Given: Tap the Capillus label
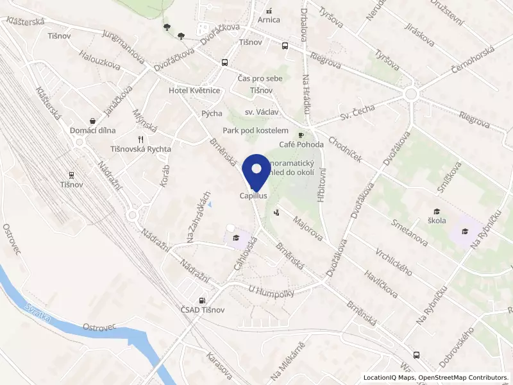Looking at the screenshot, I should [253, 195].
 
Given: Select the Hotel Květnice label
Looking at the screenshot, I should [194, 90].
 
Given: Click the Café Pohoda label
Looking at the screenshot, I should [301, 144].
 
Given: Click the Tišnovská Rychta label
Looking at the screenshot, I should [141, 149].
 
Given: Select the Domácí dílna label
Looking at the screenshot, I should [93, 130].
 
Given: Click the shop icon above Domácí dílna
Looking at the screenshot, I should [93, 121].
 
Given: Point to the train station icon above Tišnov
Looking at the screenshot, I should [71, 175].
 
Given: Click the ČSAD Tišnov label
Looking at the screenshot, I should [203, 310].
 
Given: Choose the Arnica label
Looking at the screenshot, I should [269, 19].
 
